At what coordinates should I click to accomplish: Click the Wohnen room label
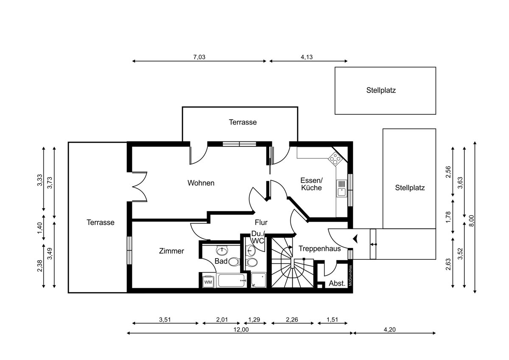pyautogui.click(x=201, y=183)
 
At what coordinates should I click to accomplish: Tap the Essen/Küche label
pyautogui.click(x=311, y=184)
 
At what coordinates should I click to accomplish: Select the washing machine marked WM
pyautogui.click(x=208, y=282)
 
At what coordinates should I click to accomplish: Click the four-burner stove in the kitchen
pyautogui.click(x=335, y=158)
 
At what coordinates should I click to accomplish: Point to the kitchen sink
pyautogui.click(x=341, y=188)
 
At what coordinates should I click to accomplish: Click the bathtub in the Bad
pyautogui.click(x=232, y=281)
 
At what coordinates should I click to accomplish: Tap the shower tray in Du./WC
pyautogui.click(x=259, y=280)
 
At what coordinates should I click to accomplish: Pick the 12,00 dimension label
pyautogui.click(x=241, y=329)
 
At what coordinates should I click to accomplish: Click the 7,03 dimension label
pyautogui.click(x=199, y=57)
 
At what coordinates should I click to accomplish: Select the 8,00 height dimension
pyautogui.click(x=472, y=221)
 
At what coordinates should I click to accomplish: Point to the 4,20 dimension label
pyautogui.click(x=390, y=329)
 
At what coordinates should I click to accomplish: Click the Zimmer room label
pyautogui.click(x=171, y=251)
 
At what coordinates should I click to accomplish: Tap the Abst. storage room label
pyautogui.click(x=337, y=283)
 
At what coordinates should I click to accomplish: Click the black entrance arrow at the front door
pyautogui.click(x=355, y=239)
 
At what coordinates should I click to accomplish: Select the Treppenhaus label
pyautogui.click(x=320, y=249)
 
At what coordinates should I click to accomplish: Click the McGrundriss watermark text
pyautogui.click(x=350, y=276)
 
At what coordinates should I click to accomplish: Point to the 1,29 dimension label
pyautogui.click(x=254, y=320)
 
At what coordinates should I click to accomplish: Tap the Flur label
pyautogui.click(x=261, y=222)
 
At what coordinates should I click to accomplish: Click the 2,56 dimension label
pyautogui.click(x=448, y=172)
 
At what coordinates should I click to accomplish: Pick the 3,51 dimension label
pyautogui.click(x=165, y=320)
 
